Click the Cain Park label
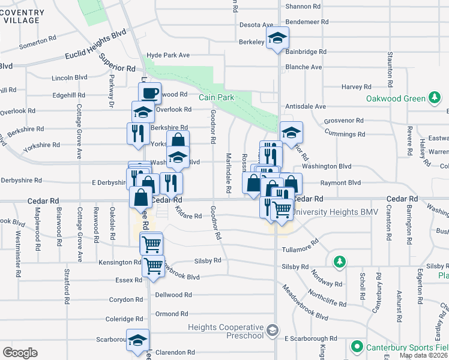pos(216,97)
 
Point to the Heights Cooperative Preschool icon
pos(273,331)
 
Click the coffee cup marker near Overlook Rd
pos(149,93)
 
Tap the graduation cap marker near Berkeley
pos(277,38)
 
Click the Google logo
pos(20,352)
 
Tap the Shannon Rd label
pos(303,6)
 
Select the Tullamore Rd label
pos(300,247)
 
